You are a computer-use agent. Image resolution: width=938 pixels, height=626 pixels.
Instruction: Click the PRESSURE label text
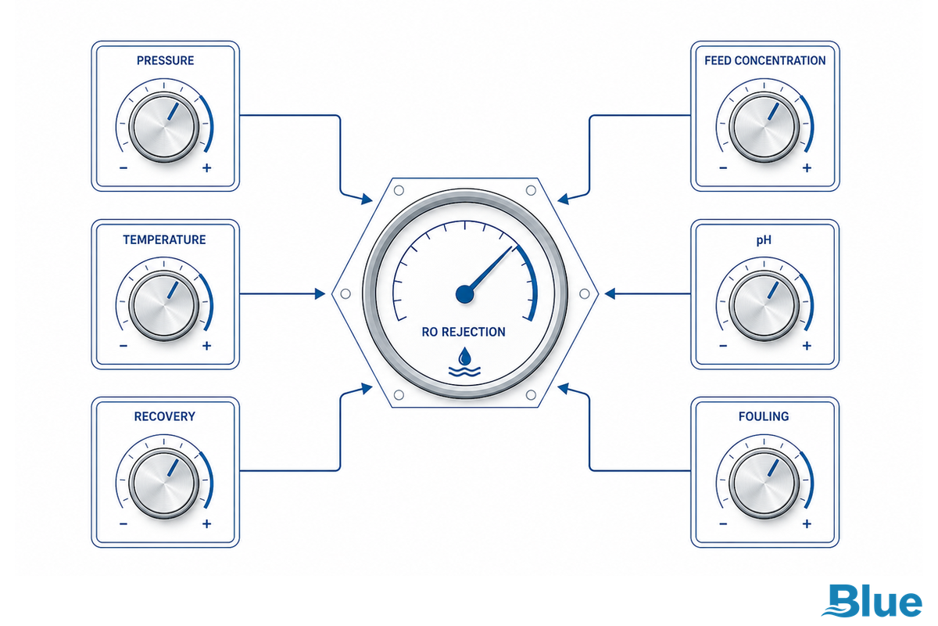coord(166,61)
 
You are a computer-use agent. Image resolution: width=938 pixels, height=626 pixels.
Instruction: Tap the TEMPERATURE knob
coord(163,305)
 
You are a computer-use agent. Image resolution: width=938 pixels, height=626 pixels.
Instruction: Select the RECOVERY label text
coord(165,416)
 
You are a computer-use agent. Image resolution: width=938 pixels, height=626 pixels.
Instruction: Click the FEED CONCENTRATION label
coord(764,61)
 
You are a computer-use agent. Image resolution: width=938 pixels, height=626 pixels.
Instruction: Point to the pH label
coord(764,239)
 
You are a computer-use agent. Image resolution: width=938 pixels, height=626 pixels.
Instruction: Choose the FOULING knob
coord(764,483)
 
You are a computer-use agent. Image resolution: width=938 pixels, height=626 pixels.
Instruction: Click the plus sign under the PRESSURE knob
coord(207,168)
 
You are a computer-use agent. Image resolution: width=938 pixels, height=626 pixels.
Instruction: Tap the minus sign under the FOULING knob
coord(723,523)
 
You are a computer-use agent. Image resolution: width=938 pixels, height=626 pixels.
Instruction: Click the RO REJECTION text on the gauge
coord(464,332)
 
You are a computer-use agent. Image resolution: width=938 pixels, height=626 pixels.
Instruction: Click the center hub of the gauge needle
coord(465,294)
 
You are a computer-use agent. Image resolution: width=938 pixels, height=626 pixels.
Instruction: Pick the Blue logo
coord(872,601)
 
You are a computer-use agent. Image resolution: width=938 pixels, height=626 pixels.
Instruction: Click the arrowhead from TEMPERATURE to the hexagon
coord(320,294)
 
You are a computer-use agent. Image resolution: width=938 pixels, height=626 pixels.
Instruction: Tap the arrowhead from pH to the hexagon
coord(610,294)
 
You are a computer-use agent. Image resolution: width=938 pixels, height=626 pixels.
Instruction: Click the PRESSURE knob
coord(163,127)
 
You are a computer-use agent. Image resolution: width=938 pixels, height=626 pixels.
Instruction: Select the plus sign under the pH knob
coord(807,346)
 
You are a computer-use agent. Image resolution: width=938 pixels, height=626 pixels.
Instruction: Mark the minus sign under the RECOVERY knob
coord(124,523)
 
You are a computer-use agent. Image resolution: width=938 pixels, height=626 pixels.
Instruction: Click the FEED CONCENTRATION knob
coord(764,127)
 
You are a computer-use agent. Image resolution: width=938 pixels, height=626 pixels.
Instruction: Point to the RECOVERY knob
coord(163,483)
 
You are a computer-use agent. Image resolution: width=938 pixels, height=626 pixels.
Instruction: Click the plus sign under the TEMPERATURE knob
coord(207,346)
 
